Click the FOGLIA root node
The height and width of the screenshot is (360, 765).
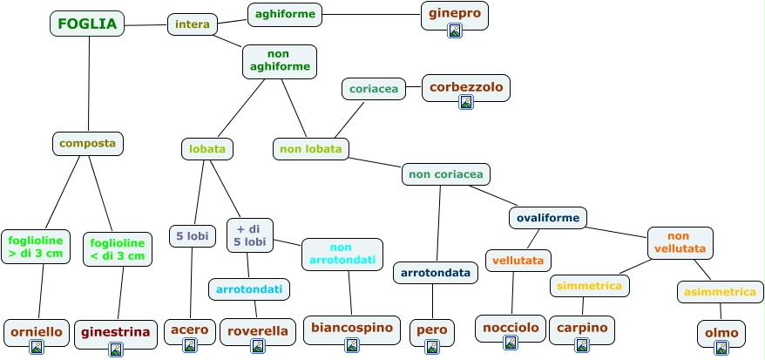pyautogui.click(x=87, y=24)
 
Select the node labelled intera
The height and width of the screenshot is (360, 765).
pyautogui.click(x=193, y=24)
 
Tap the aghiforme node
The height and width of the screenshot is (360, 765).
pyautogui.click(x=285, y=14)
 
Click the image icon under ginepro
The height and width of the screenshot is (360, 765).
pyautogui.click(x=455, y=31)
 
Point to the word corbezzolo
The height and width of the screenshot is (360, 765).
pyautogui.click(x=466, y=86)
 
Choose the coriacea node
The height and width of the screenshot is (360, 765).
pyautogui.click(x=374, y=88)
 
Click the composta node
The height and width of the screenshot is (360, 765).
pyautogui.click(x=88, y=143)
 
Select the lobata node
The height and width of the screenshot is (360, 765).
pyautogui.click(x=207, y=149)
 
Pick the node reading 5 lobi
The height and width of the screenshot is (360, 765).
pyautogui.click(x=193, y=236)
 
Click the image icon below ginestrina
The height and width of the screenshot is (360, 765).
pyautogui.click(x=116, y=350)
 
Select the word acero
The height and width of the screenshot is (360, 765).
pyautogui.click(x=190, y=329)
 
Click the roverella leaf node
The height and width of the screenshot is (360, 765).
pyautogui.click(x=257, y=331)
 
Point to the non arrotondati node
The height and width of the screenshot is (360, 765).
pyautogui.click(x=342, y=254)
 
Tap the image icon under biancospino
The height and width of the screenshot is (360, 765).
pyautogui.click(x=351, y=345)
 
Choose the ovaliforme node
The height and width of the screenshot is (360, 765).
pyautogui.click(x=548, y=216)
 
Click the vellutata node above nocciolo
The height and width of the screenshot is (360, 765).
pyautogui.click(x=518, y=260)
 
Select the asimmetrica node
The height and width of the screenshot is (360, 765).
pyautogui.click(x=720, y=292)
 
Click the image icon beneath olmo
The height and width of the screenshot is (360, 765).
pyautogui.click(x=721, y=348)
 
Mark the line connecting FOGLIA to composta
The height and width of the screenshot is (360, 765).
pyautogui.click(x=89, y=83)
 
